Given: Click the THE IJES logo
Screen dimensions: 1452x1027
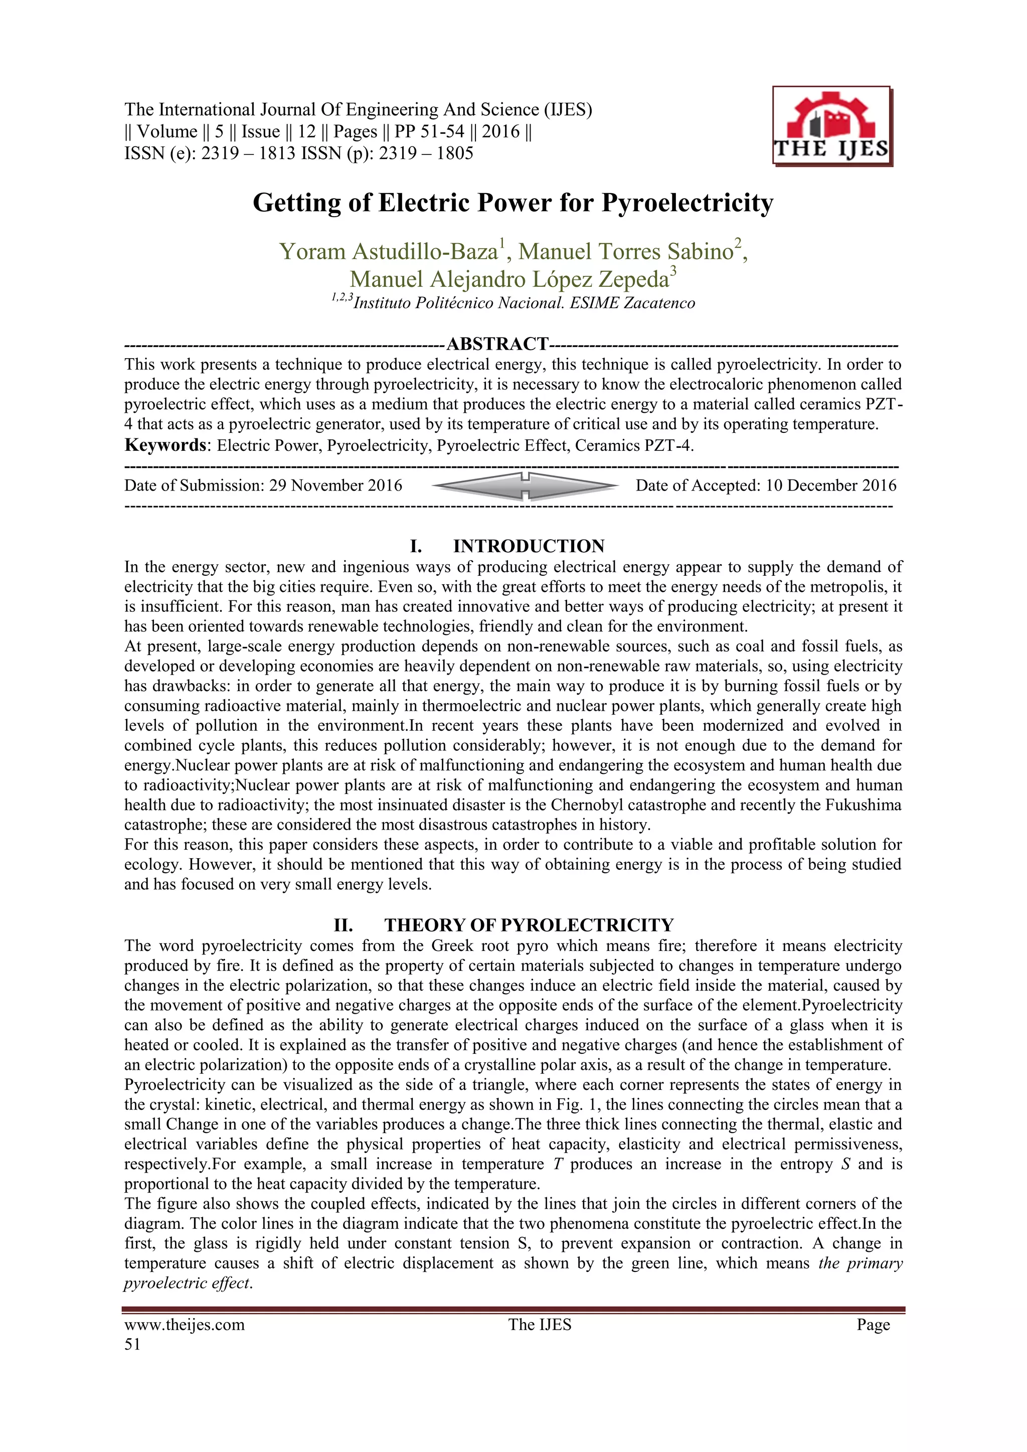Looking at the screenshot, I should (x=831, y=126).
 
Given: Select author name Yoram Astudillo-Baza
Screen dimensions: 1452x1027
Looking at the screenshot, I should (x=388, y=252).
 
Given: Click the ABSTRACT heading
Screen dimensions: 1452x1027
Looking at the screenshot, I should (x=497, y=344).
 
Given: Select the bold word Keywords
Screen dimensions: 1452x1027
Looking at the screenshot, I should (x=165, y=445).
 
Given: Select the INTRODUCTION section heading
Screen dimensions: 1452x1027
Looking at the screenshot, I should (x=528, y=546).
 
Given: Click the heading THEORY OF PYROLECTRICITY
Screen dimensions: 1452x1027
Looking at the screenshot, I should (x=528, y=925).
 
